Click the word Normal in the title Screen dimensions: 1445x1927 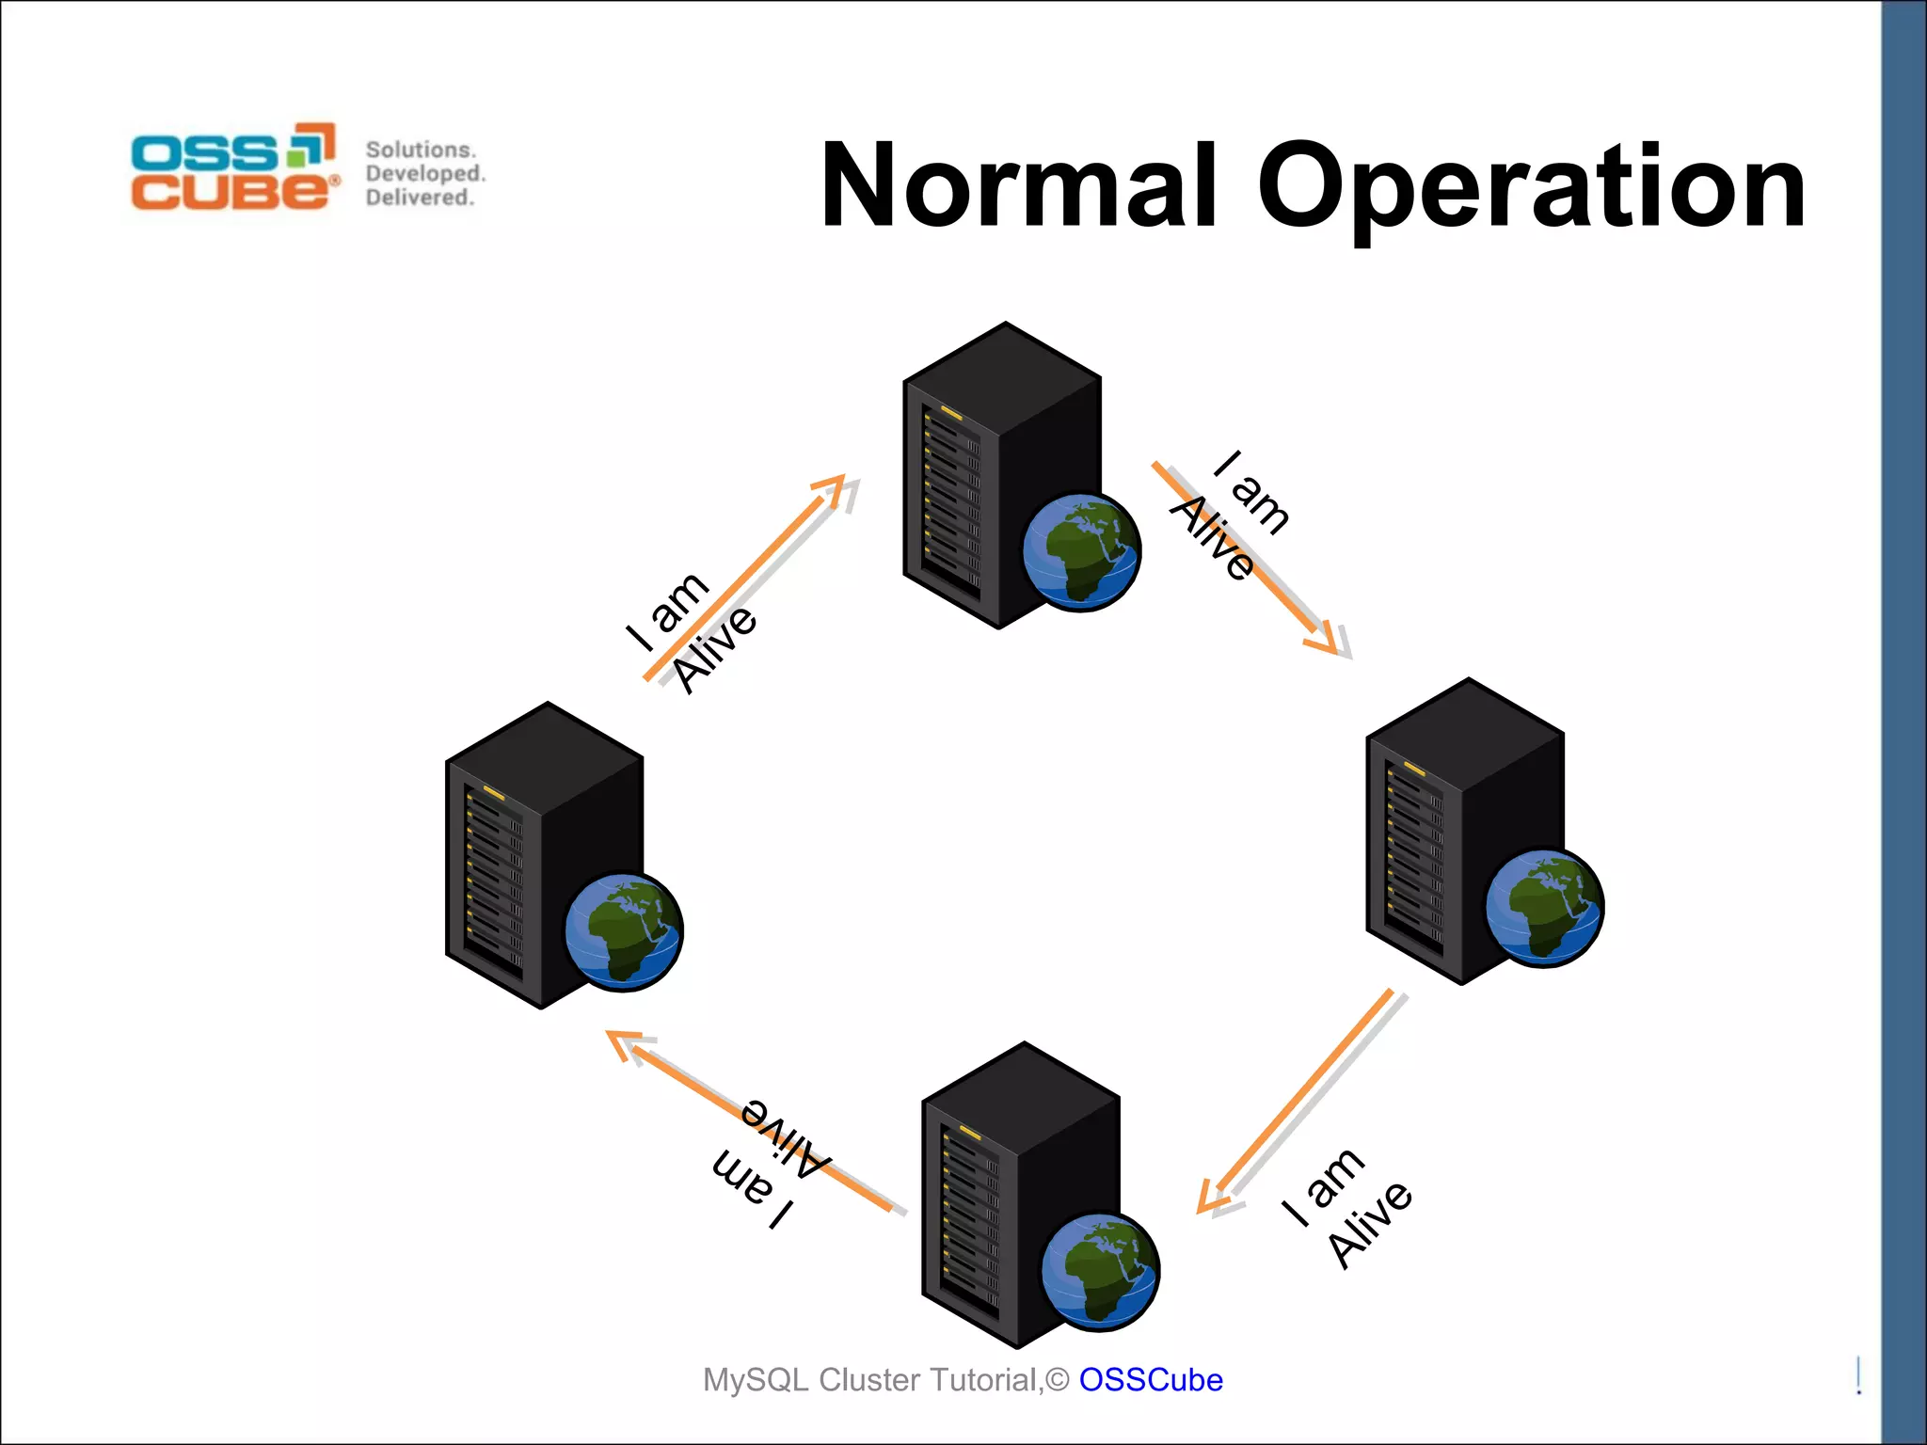(1019, 185)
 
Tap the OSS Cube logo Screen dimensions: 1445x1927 (234, 167)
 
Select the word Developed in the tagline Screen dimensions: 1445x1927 (424, 173)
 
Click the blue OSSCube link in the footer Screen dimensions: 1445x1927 (1150, 1379)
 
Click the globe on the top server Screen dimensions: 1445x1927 (1081, 551)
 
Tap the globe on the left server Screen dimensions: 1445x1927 (624, 931)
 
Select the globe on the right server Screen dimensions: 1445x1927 (1544, 907)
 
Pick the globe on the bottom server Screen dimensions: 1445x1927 (1100, 1271)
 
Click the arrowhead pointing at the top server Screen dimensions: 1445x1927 (833, 489)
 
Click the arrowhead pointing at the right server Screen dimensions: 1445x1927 (1327, 639)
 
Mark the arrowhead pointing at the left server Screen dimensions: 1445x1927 (623, 1042)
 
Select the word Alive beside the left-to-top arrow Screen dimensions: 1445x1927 (715, 648)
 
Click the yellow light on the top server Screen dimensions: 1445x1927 (950, 414)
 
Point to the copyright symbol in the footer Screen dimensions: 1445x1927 (1058, 1379)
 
